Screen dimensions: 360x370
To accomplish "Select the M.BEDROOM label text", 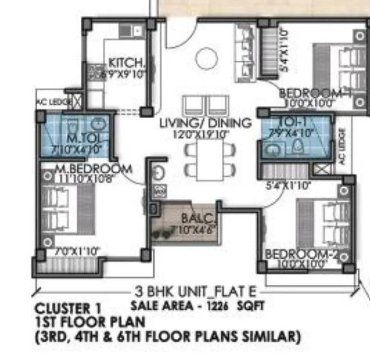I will coord(94,169).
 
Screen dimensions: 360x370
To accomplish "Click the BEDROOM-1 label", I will coord(315,93).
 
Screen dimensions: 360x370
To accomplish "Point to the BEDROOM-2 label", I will coord(303,254).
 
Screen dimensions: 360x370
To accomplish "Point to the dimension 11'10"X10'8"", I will coord(86,178).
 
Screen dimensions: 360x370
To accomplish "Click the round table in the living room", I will coord(206,56).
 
